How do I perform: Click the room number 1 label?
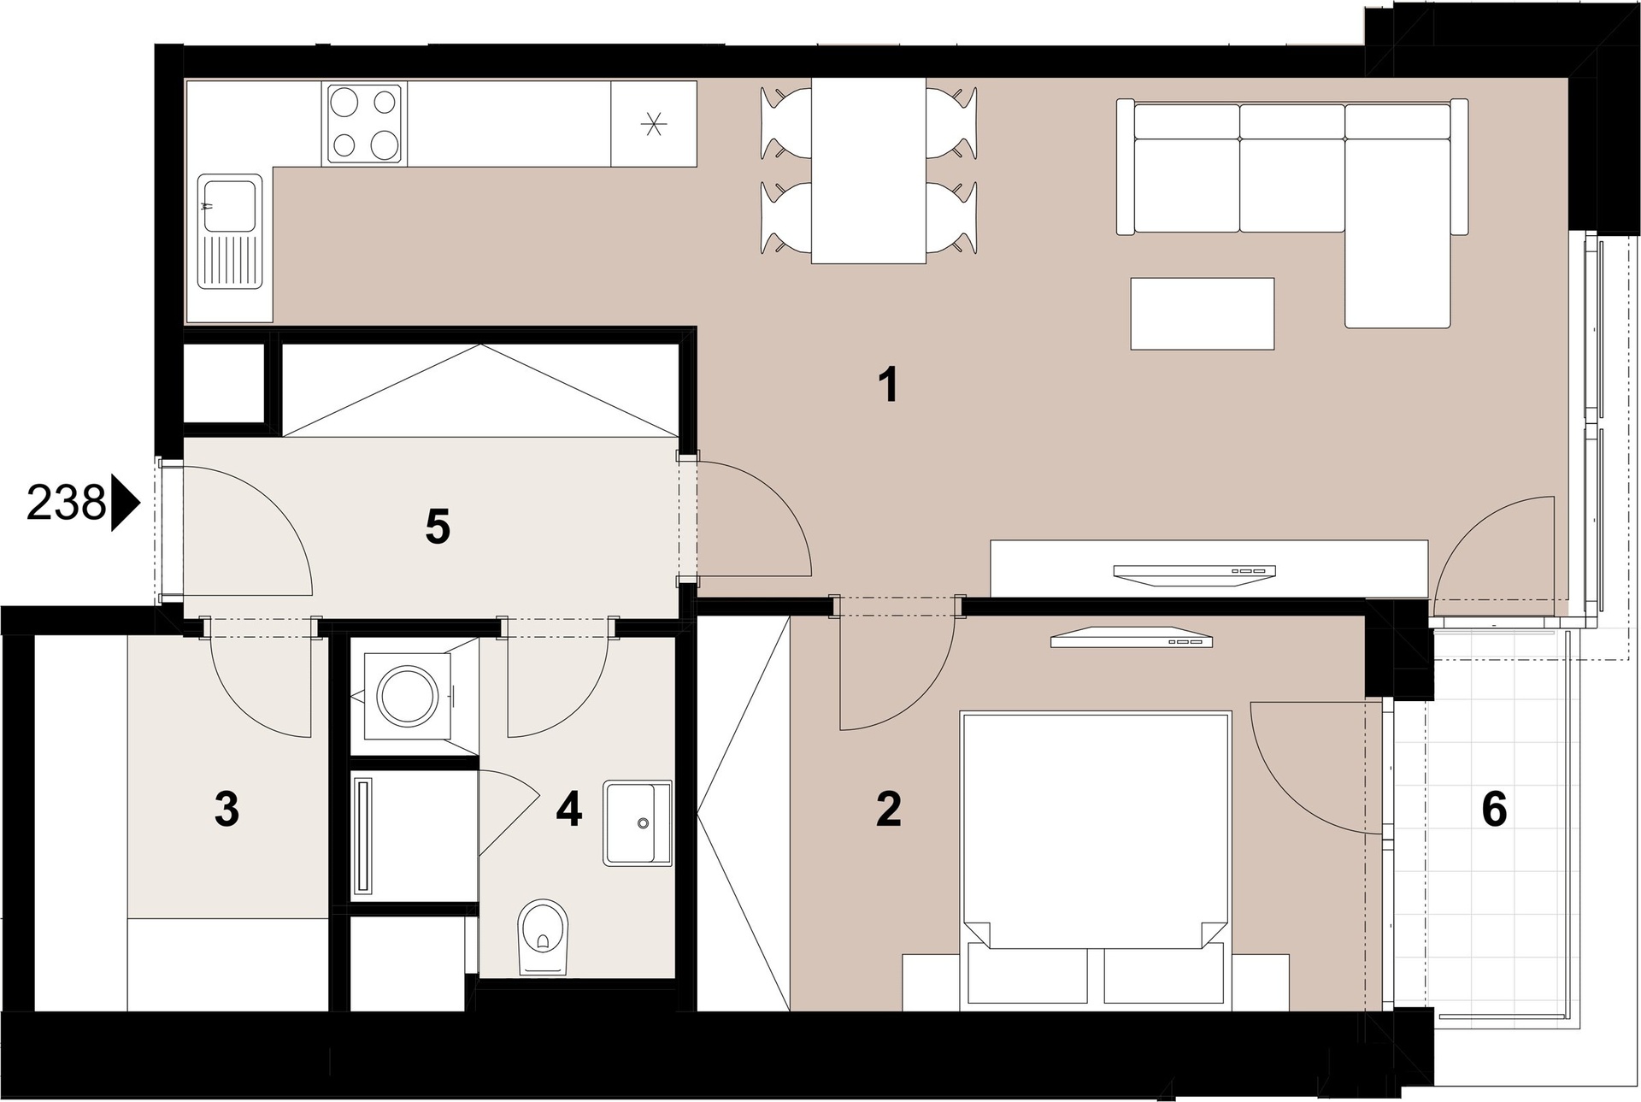coord(889,385)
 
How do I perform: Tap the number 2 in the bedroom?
coord(889,809)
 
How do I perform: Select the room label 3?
coord(226,809)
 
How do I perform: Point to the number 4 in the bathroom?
coord(569,809)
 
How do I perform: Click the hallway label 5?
coord(438,527)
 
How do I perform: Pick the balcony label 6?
coord(1494,809)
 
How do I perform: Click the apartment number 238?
coord(66,503)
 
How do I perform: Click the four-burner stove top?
coord(365,124)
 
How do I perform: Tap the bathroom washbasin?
coord(638,822)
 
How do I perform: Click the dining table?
coord(868,171)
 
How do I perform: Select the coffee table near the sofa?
coord(1203,314)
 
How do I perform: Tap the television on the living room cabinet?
coord(1195,574)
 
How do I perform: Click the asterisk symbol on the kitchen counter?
coord(653,124)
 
